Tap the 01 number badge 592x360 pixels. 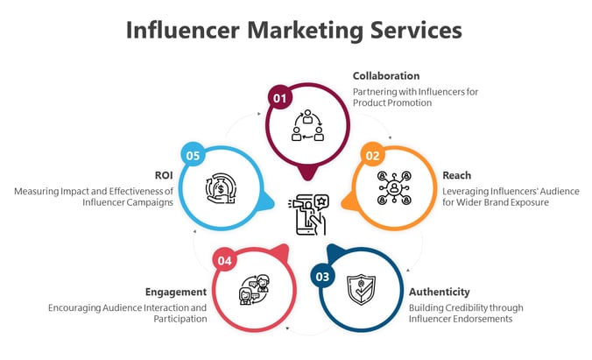(280, 99)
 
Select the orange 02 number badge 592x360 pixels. (373, 157)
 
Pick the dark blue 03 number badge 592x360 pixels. (323, 277)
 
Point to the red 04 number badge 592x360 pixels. (225, 260)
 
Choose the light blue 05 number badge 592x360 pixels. (194, 156)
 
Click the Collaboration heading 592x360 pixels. (386, 76)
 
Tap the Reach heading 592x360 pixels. (456, 175)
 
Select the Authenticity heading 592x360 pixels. (440, 292)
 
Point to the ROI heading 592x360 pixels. (164, 175)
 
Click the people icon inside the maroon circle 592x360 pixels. (307, 124)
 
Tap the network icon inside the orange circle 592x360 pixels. (393, 186)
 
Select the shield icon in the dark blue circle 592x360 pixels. (360, 288)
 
